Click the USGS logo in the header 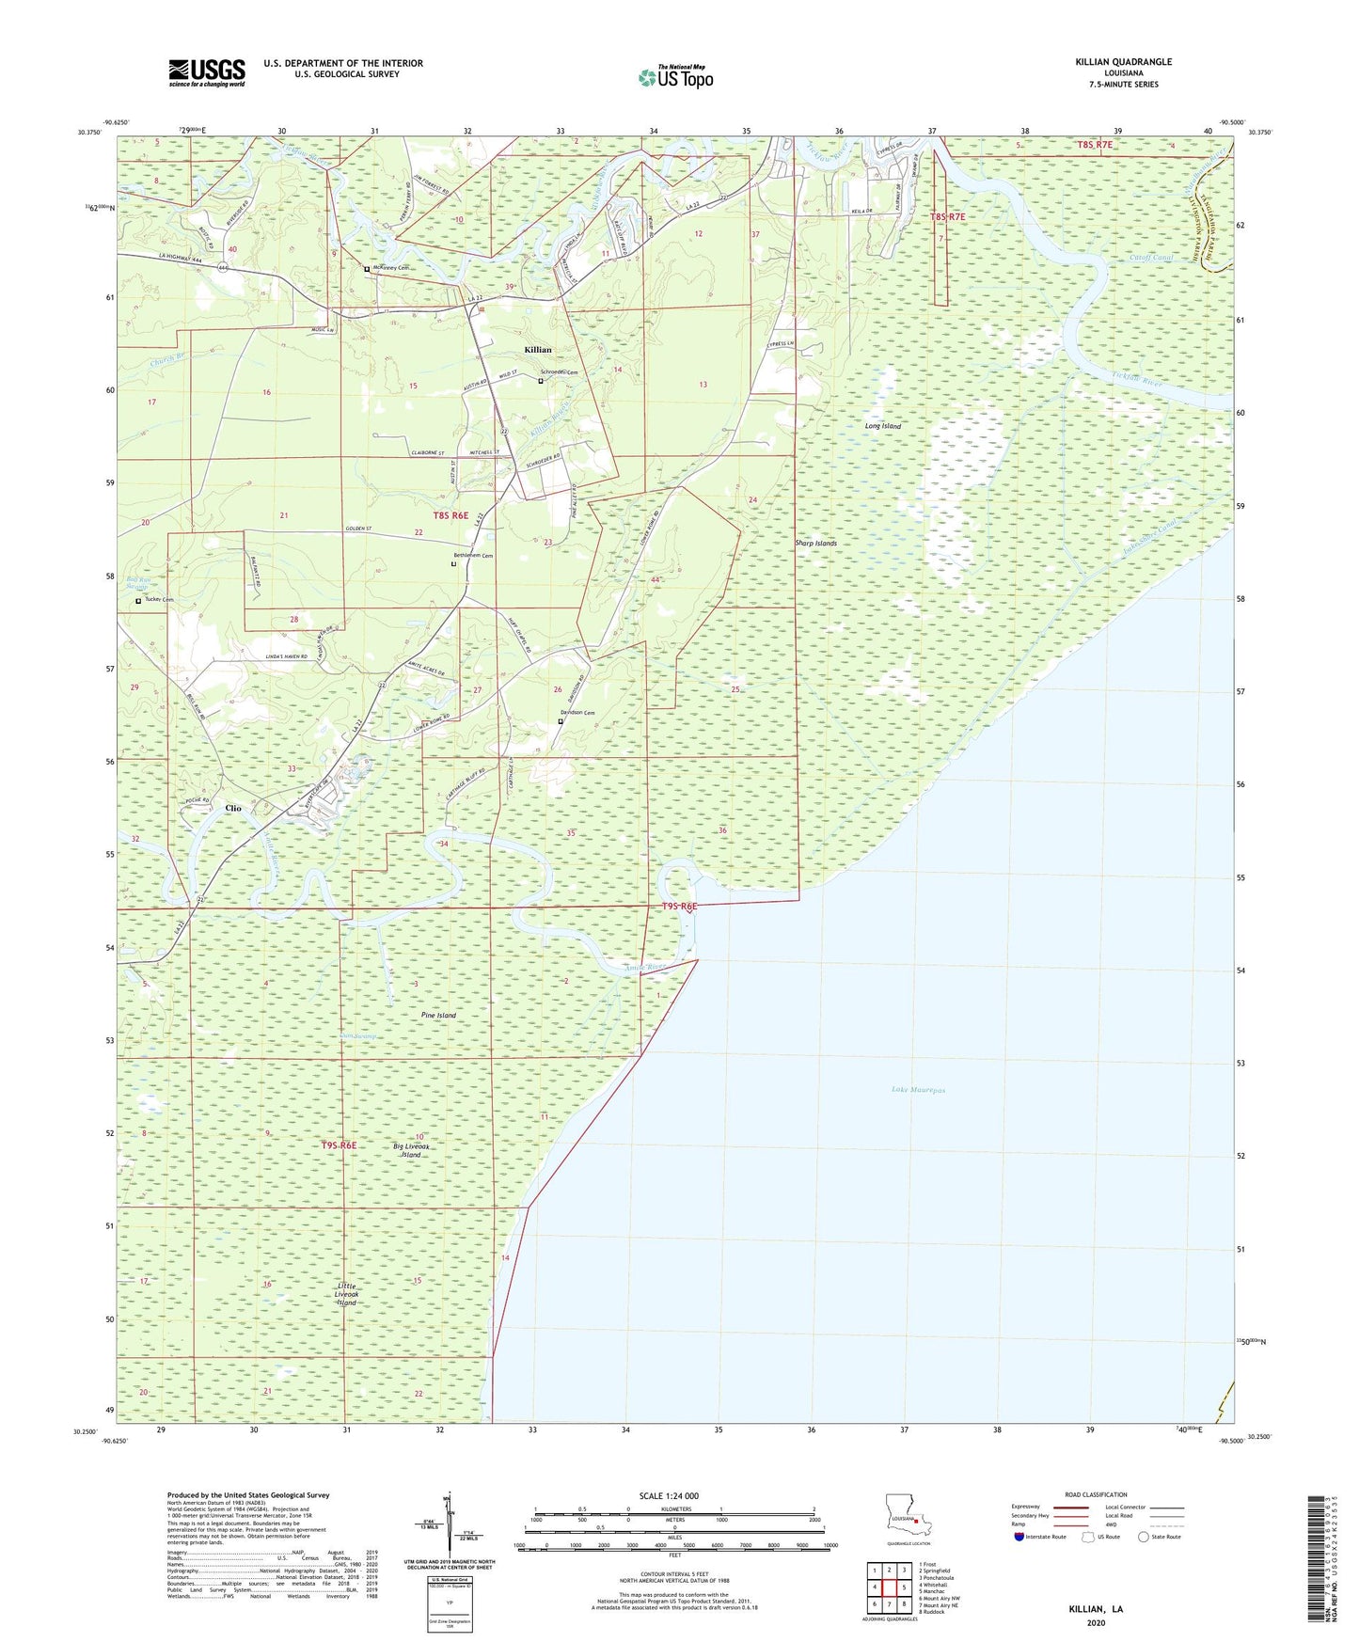(x=207, y=72)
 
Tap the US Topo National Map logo (x=675, y=76)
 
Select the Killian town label (x=538, y=350)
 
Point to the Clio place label (x=232, y=809)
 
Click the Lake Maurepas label (x=918, y=1090)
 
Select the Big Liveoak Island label (x=411, y=1150)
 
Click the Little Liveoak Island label (x=347, y=1293)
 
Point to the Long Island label (x=882, y=426)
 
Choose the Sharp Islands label (x=815, y=544)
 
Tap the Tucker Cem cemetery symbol (x=138, y=601)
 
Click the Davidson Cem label (x=577, y=713)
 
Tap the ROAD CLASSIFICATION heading (x=1096, y=1494)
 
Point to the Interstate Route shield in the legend (x=1020, y=1537)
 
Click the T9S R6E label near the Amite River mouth (x=679, y=907)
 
